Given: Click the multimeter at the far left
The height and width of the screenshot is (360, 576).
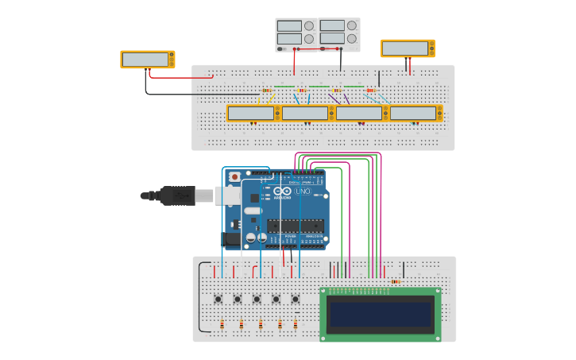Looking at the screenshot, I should (x=147, y=60).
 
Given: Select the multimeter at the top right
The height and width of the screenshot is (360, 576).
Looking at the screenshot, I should (x=408, y=48).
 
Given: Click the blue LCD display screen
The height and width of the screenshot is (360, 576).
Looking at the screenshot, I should (x=381, y=315).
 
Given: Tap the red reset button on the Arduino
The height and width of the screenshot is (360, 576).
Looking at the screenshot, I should (x=234, y=176).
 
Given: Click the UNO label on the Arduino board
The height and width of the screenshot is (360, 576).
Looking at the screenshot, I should (x=303, y=192).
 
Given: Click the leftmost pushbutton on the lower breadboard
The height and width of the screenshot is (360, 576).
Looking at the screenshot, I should (x=218, y=299).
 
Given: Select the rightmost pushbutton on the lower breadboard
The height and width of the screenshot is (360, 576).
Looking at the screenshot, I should (x=296, y=299).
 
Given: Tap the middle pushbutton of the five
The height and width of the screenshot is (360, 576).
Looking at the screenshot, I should (x=257, y=299).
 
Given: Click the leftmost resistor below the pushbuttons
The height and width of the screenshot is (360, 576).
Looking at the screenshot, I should (x=221, y=324).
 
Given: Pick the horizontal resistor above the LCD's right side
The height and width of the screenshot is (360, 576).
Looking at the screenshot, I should (x=395, y=281).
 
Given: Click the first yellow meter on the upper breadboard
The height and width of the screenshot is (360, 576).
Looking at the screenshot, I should (x=251, y=114).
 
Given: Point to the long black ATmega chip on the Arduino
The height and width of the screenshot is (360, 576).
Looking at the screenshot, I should (x=295, y=225).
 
